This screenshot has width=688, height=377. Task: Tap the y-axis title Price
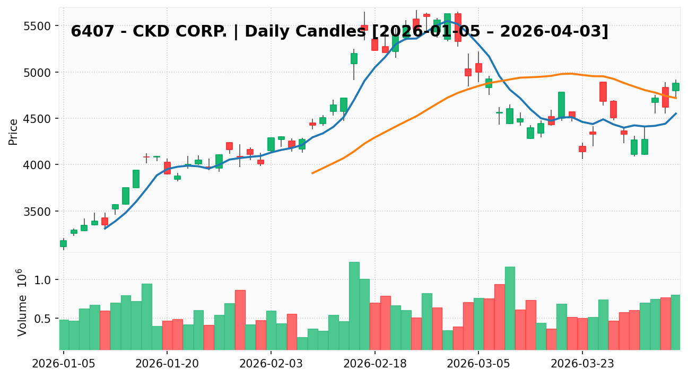point(14,131)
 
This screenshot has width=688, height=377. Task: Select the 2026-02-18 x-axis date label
point(375,364)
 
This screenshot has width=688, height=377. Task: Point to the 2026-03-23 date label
point(582,364)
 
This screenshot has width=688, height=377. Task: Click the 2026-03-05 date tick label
point(478,364)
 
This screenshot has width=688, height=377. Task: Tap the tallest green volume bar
point(354,305)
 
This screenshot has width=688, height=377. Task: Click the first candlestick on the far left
point(63,243)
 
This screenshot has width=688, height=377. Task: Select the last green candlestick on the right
point(675,87)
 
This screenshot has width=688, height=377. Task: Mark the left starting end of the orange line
point(312,173)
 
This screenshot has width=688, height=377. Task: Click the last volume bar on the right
point(675,322)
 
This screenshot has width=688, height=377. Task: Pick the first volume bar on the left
point(64,335)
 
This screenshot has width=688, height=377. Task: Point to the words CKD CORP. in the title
point(165,32)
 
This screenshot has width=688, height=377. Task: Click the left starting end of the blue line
point(105,228)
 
